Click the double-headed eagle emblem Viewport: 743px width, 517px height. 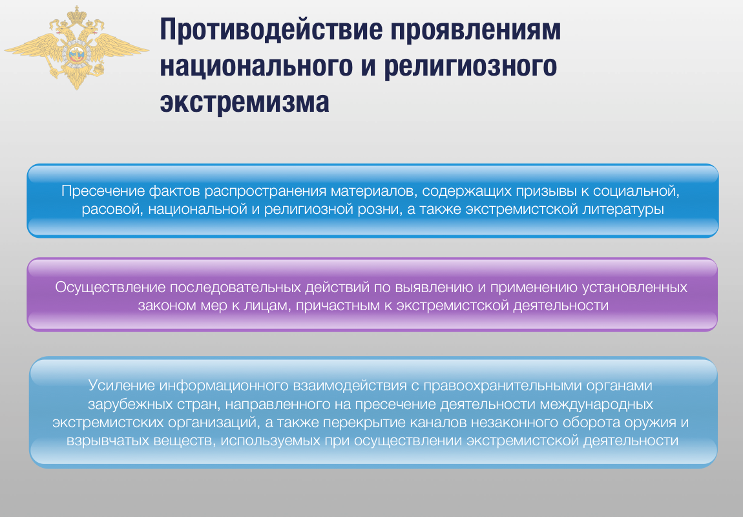pyautogui.click(x=76, y=47)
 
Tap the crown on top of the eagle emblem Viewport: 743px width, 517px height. pyautogui.click(x=76, y=14)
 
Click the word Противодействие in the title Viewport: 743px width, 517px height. pyautogui.click(x=271, y=29)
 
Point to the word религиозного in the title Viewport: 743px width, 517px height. pyautogui.click(x=470, y=67)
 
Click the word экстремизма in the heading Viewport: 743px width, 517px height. pyautogui.click(x=244, y=103)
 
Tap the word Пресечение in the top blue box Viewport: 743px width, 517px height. pyautogui.click(x=103, y=191)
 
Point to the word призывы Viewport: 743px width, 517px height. pyautogui.click(x=545, y=191)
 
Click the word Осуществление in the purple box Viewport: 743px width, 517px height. pyautogui.click(x=110, y=287)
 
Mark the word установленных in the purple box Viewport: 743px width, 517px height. pyautogui.click(x=634, y=288)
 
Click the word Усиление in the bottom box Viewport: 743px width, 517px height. pyautogui.click(x=121, y=385)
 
